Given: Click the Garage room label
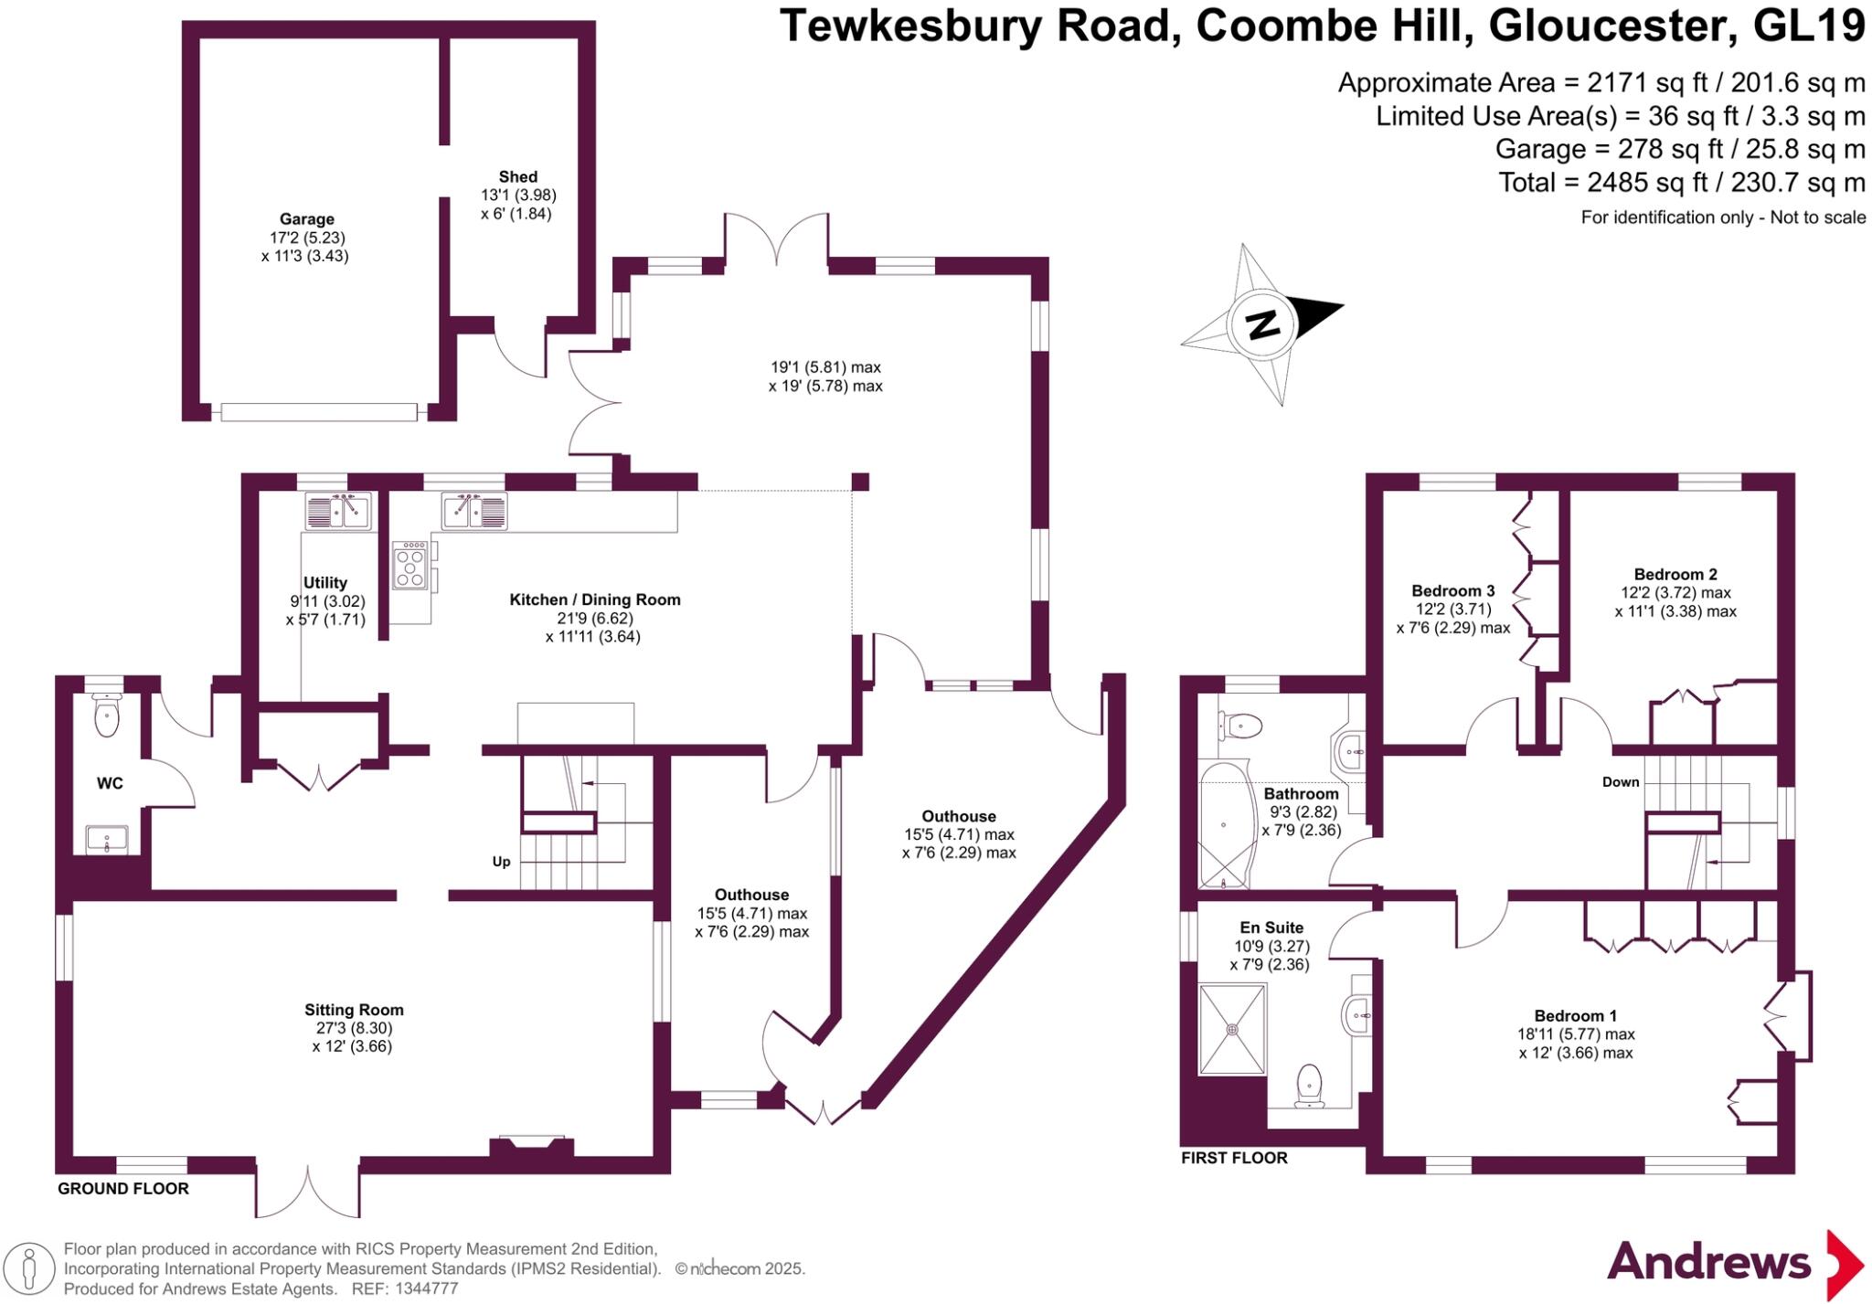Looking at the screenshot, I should tap(306, 219).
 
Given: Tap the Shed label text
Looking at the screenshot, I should tap(517, 176).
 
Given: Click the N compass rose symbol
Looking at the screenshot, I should tap(1262, 323).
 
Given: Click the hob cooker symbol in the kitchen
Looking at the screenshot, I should tap(410, 565).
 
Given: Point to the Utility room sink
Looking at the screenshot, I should tap(337, 512).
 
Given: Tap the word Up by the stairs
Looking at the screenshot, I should tap(501, 862).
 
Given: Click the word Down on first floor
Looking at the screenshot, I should tap(1620, 782).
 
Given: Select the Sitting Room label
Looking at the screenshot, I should tap(354, 1010).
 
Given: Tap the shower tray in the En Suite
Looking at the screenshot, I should tap(1232, 1028).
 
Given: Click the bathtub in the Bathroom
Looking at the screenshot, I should tap(1223, 825).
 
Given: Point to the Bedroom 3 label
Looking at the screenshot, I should tap(1452, 591).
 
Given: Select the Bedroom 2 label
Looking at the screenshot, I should tap(1675, 575).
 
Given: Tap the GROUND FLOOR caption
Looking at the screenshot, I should tap(123, 1189).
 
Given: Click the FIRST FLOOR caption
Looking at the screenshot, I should tap(1234, 1158).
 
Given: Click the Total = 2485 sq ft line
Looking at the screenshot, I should tap(1681, 183).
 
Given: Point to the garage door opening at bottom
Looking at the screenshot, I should tap(318, 412).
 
